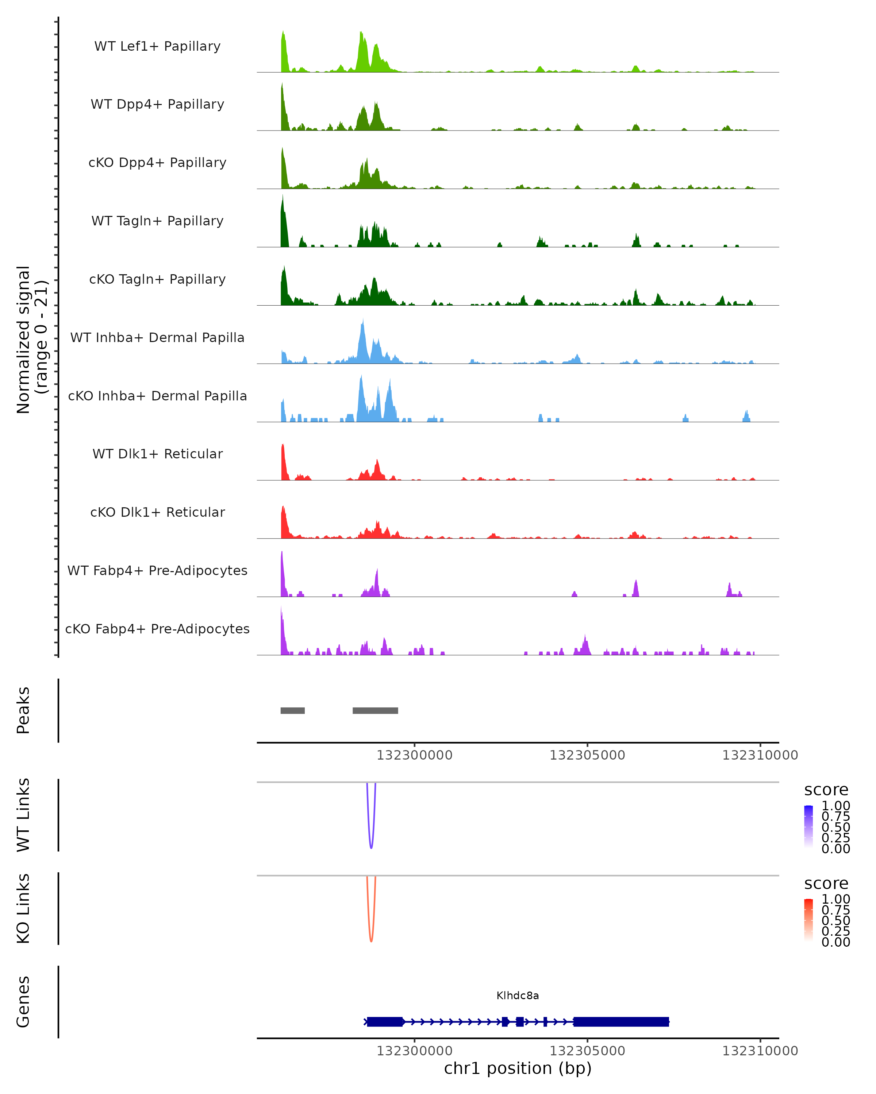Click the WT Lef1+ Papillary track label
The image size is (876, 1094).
click(x=157, y=46)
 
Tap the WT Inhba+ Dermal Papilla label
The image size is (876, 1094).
click(x=157, y=337)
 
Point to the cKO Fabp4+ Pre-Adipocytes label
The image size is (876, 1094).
click(x=157, y=629)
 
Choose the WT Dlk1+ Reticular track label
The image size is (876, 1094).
click(x=157, y=454)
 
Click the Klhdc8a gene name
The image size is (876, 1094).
click(x=518, y=996)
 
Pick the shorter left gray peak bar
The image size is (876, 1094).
click(x=292, y=710)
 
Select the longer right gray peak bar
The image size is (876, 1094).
click(x=375, y=710)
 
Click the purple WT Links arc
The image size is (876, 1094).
click(x=371, y=846)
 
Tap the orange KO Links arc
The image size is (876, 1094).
click(x=371, y=940)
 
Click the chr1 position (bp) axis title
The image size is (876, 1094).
click(x=518, y=1068)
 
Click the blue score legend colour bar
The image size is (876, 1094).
click(x=808, y=827)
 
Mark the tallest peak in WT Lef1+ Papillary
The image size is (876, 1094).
click(x=283, y=32)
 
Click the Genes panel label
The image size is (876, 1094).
click(x=23, y=1002)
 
